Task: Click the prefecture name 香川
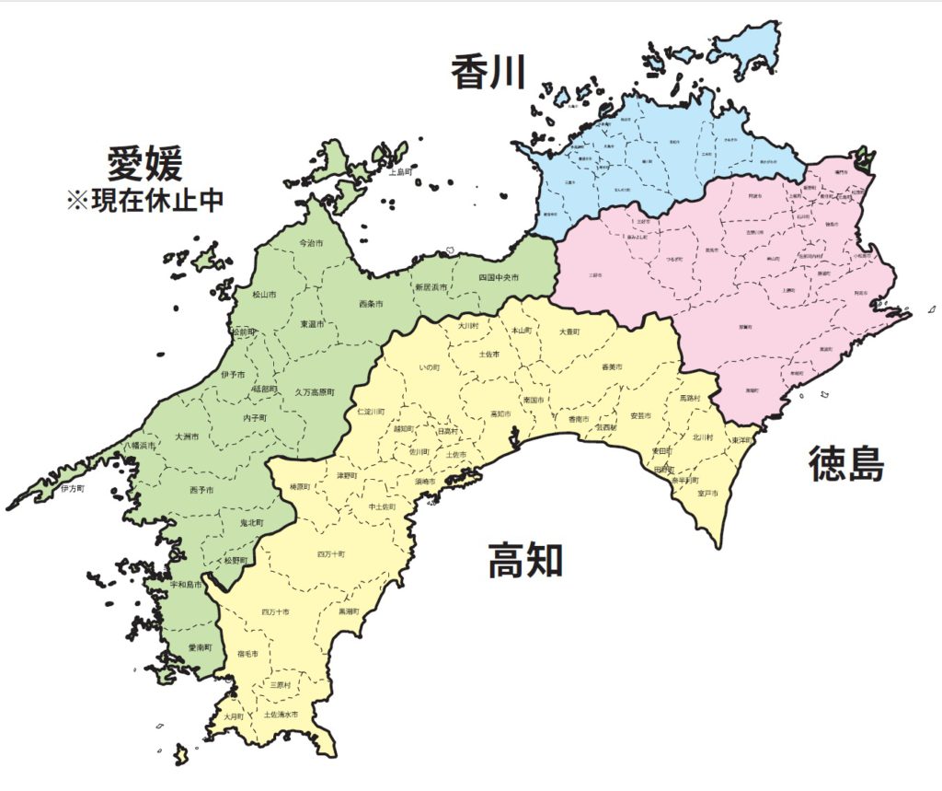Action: point(488,72)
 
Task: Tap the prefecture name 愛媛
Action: point(145,163)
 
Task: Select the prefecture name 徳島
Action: point(846,464)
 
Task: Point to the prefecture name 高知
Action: point(525,559)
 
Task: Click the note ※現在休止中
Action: point(145,201)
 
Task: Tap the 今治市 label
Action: point(313,243)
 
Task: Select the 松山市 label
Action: point(264,296)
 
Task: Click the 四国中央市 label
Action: point(499,277)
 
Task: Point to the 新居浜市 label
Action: point(431,287)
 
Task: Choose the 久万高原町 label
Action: point(315,391)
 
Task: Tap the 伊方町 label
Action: point(73,488)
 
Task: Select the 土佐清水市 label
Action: point(281,714)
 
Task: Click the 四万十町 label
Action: point(330,554)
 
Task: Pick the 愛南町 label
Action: point(200,648)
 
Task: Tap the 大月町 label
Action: point(234,715)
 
